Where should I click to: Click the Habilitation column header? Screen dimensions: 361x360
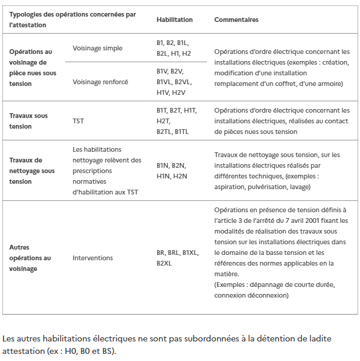coord(174,20)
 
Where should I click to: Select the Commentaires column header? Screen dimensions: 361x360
coord(236,20)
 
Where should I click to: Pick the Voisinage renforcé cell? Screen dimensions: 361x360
coord(100,82)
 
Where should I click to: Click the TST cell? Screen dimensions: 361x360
coord(78,121)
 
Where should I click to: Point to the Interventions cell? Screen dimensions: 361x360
coord(93,258)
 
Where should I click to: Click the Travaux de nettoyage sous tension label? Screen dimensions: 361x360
coord(32,170)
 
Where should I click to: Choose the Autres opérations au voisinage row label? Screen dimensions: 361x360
coord(30,258)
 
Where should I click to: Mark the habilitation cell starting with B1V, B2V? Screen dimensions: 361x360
coord(174,82)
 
